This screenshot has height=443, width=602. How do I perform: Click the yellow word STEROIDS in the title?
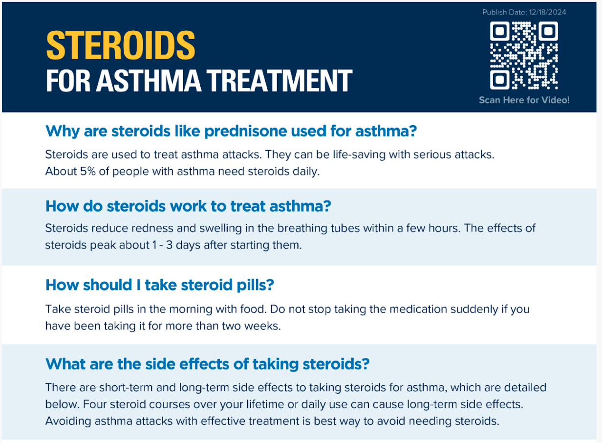(x=121, y=45)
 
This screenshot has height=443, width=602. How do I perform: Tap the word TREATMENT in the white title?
(x=279, y=80)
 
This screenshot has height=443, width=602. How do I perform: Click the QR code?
(x=524, y=55)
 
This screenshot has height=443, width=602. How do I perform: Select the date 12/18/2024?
(x=547, y=12)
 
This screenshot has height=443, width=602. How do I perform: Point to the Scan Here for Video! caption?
(x=524, y=100)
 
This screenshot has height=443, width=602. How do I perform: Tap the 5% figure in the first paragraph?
(x=87, y=171)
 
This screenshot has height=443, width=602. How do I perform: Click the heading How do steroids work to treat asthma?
(x=188, y=206)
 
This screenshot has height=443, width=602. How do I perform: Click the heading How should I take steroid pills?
(x=160, y=285)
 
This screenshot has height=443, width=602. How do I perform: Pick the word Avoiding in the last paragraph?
(x=68, y=421)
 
